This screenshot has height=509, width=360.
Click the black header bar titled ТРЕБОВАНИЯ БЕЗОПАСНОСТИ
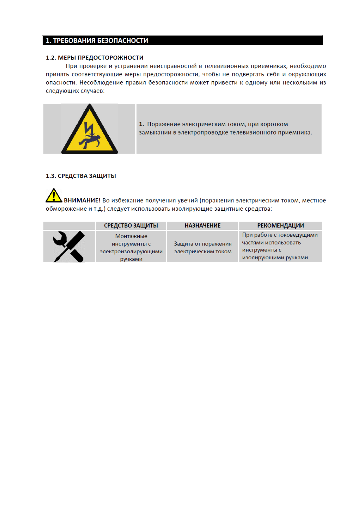[x=182, y=40]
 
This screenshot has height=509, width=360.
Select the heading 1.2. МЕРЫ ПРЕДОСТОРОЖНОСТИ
[x=94, y=58]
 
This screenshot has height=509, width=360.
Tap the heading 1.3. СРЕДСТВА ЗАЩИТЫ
[x=81, y=176]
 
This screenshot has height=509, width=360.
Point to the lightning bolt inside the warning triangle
[x=89, y=128]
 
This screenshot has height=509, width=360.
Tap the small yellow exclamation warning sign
[x=54, y=196]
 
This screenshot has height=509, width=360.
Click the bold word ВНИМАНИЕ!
[x=82, y=200]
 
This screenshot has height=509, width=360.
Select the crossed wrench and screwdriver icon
[x=69, y=246]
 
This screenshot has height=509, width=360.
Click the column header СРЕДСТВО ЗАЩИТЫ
[x=131, y=225]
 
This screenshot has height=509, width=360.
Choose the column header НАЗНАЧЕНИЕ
[x=203, y=225]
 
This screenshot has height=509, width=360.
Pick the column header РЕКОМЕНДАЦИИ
[x=281, y=225]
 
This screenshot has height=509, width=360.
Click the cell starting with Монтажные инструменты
[x=131, y=247]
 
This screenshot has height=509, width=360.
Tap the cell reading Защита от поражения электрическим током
[x=203, y=247]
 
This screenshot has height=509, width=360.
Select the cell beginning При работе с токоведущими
[x=280, y=246]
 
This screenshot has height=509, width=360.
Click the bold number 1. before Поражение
[x=141, y=124]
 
